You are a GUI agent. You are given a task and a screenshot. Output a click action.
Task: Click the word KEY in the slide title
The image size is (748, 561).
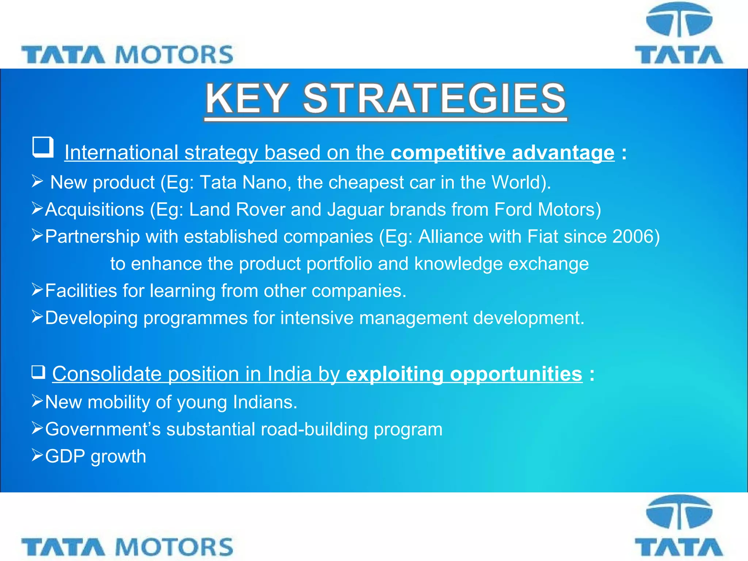coord(247,99)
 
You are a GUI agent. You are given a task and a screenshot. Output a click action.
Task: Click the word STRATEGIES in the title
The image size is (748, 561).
coord(434,99)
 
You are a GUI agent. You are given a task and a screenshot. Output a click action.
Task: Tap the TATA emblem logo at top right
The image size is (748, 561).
coord(679,34)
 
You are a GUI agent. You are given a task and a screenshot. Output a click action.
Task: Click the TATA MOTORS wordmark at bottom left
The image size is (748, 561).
coord(127,547)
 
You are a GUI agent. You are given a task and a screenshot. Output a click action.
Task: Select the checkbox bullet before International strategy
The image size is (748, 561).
coord(43,147)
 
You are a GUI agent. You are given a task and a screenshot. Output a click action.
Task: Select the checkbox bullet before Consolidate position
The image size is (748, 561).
coord(38,372)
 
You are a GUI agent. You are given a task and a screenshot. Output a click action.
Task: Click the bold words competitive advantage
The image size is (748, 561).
coord(503,152)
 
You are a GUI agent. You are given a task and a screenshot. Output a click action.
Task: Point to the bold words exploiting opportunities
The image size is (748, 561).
coord(464,374)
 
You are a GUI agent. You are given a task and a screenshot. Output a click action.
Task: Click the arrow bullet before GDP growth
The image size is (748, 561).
coord(37,455)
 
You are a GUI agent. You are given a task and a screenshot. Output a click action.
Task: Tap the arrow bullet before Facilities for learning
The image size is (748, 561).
coord(37,290)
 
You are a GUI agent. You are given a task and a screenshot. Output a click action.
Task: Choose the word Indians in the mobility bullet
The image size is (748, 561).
coord(265,402)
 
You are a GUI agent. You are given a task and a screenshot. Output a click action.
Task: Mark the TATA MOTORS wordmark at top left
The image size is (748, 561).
coord(127,55)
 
